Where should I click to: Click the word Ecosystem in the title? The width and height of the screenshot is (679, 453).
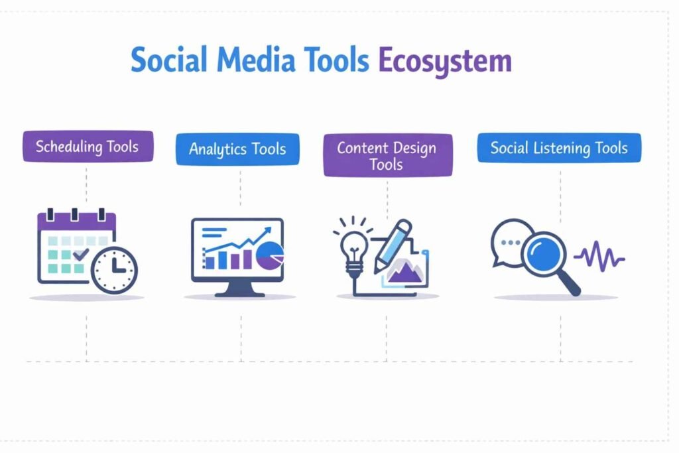pyautogui.click(x=444, y=61)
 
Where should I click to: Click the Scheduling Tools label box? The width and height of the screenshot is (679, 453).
pyautogui.click(x=88, y=146)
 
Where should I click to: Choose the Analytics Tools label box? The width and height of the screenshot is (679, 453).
pyautogui.click(x=237, y=149)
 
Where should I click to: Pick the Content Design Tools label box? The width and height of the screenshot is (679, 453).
pyautogui.click(x=387, y=155)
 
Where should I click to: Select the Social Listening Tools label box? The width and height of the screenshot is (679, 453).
pyautogui.click(x=559, y=147)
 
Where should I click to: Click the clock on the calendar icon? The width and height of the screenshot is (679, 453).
pyautogui.click(x=114, y=271)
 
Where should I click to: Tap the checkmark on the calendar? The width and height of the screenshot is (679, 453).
pyautogui.click(x=81, y=254)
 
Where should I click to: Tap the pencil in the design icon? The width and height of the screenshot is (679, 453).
pyautogui.click(x=393, y=245)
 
